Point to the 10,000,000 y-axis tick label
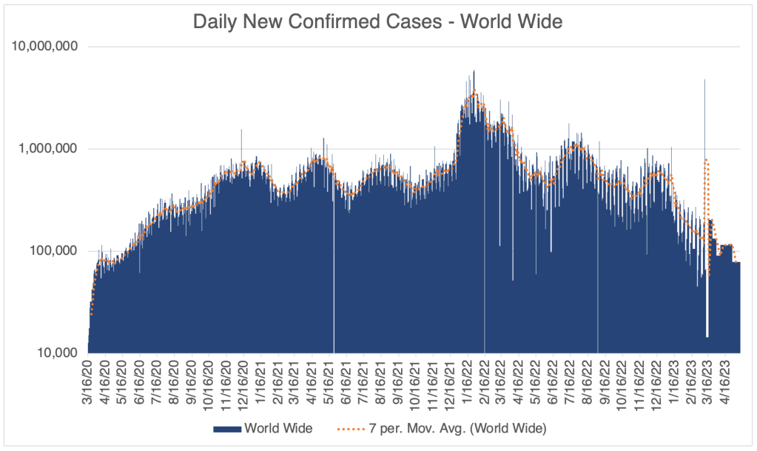click(x=46, y=47)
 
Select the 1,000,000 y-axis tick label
click(x=50, y=149)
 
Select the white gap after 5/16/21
click(x=334, y=281)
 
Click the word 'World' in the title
click(x=485, y=21)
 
